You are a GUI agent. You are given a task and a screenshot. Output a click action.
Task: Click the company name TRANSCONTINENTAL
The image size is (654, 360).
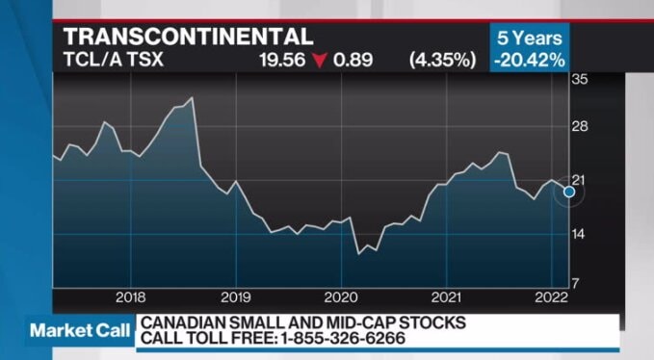point(188,37)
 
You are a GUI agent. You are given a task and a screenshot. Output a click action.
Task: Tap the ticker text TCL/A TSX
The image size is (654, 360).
point(111,60)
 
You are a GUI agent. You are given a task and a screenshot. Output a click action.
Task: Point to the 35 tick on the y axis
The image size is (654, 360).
point(579,80)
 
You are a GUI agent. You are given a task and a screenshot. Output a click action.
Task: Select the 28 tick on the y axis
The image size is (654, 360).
point(579,128)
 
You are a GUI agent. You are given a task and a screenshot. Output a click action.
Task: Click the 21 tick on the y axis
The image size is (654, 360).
point(579,181)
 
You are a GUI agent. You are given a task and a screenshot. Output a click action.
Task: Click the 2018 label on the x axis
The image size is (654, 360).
point(129,296)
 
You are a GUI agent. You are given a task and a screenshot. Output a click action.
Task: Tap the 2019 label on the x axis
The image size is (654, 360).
point(235,296)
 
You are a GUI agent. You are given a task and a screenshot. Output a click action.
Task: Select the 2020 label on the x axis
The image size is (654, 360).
point(341,296)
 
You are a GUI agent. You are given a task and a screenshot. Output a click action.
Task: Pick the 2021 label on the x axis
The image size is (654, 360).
point(446,296)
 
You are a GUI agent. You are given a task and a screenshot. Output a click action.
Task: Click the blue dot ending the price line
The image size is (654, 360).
point(568,192)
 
